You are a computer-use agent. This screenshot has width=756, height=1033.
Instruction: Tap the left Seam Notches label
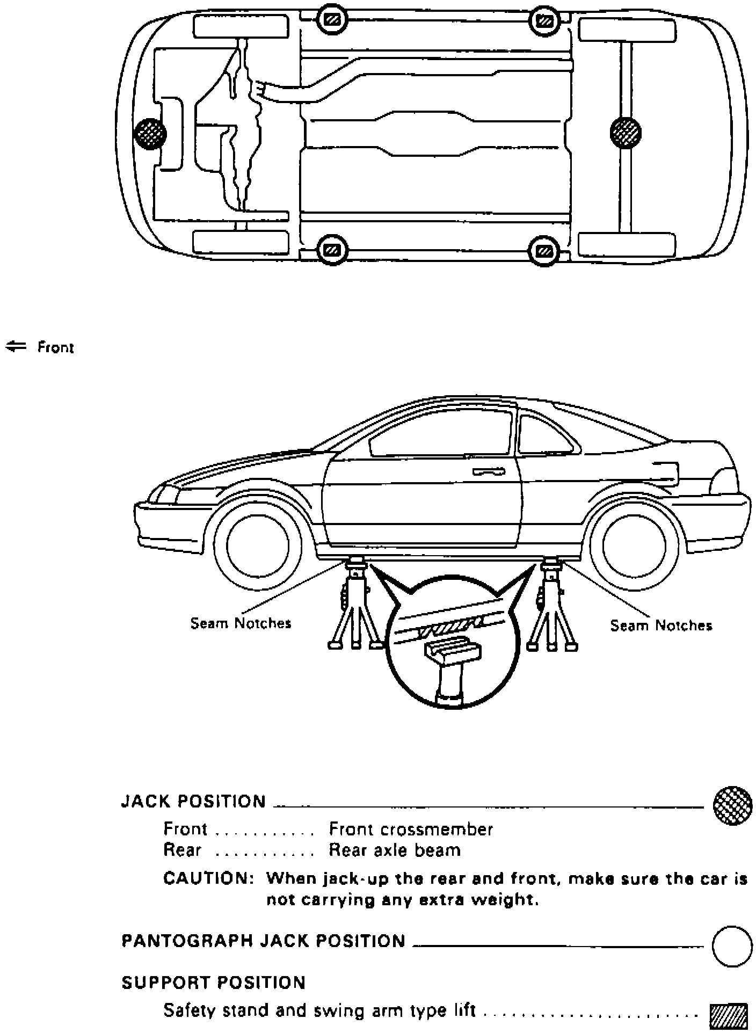(x=241, y=623)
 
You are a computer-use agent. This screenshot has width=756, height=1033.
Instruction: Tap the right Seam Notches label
(x=661, y=625)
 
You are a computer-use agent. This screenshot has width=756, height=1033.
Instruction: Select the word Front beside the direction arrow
(x=55, y=348)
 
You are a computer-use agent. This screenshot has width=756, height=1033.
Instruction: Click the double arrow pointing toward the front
(x=16, y=347)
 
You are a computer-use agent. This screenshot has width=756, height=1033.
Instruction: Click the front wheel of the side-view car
(x=257, y=545)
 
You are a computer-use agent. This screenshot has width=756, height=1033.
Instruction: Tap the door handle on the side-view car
(x=489, y=472)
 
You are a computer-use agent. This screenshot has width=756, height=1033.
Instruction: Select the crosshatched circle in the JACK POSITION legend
(x=732, y=806)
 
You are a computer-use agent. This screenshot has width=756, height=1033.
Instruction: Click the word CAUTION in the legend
(x=208, y=879)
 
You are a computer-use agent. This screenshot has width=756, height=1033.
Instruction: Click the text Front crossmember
(x=411, y=830)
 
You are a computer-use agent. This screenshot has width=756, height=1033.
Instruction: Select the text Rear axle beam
(x=395, y=850)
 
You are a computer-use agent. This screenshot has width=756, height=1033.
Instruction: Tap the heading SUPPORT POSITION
(x=213, y=983)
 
